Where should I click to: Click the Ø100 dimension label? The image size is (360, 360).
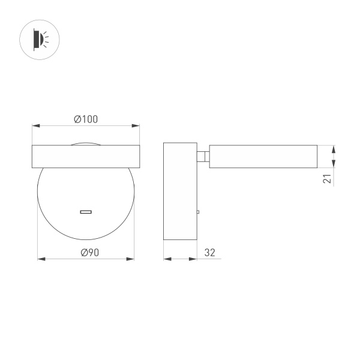[x=86, y=119]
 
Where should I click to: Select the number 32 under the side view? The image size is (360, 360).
[x=210, y=253]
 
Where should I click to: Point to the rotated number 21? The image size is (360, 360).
[x=326, y=178]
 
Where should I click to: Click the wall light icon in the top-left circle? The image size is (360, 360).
[x=40, y=40]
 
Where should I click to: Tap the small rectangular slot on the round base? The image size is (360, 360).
[x=86, y=212]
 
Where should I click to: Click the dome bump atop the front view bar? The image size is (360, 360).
[x=86, y=143]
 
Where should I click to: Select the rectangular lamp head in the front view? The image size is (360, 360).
[x=86, y=157]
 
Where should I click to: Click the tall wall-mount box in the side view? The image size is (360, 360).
[x=180, y=192]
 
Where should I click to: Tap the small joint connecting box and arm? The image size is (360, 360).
[x=203, y=157]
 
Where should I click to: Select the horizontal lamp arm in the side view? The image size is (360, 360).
[x=263, y=157]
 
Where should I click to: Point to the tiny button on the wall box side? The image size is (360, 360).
[x=198, y=212]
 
